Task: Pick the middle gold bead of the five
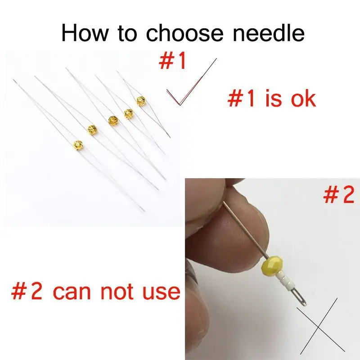pos(112,120)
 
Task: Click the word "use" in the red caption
pos(160,292)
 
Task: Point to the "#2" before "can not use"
pos(28,292)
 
